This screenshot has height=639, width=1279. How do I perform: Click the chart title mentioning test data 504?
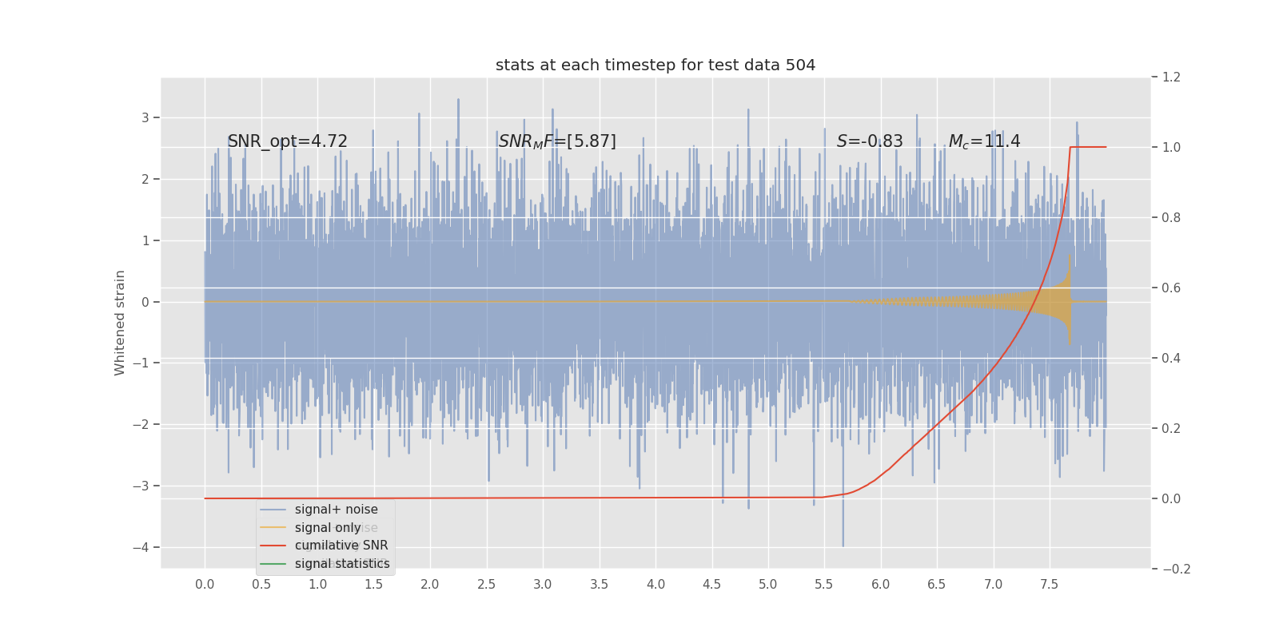point(655,65)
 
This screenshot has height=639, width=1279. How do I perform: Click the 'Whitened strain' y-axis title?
point(120,323)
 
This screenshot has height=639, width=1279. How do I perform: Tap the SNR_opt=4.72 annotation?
point(288,141)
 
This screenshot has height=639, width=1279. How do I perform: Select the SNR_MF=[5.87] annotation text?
point(557,141)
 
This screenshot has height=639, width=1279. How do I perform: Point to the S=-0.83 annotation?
point(870,141)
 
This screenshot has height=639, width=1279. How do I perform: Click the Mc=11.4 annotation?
point(984,141)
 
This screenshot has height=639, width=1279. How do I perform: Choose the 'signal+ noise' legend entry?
point(336,510)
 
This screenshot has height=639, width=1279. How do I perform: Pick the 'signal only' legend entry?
point(328,528)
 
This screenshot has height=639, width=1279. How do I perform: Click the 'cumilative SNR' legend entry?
point(341,546)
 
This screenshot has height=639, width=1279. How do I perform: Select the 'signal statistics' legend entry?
point(342,564)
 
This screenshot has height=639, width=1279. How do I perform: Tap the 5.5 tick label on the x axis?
point(824,585)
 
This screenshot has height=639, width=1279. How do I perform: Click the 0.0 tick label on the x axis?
point(205,585)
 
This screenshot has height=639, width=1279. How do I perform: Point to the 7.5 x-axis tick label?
point(1050,585)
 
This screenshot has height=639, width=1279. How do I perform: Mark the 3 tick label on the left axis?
point(145,117)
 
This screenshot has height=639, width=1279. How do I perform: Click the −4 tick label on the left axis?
point(141,547)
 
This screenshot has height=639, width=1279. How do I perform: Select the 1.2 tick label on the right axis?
point(1171,77)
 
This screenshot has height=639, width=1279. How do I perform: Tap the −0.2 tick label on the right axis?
point(1176,569)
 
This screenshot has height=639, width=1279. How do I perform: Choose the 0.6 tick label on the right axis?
point(1171,288)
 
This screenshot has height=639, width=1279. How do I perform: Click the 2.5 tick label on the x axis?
point(486,585)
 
